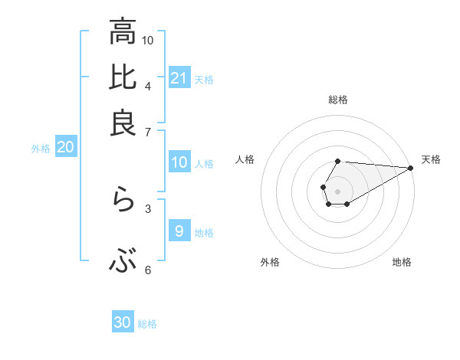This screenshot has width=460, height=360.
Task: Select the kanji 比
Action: (x=123, y=77)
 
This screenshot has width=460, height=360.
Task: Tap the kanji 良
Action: (x=123, y=123)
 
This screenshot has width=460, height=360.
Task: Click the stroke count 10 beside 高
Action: (x=148, y=39)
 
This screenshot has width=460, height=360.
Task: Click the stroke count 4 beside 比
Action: (x=148, y=85)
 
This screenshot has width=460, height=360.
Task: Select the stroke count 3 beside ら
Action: (x=148, y=208)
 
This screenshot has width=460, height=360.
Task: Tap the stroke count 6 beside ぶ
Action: (x=148, y=270)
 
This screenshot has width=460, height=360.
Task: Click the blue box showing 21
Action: (x=179, y=77)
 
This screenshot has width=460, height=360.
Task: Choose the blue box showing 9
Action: (x=179, y=231)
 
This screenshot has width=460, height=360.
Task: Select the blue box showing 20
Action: (x=65, y=148)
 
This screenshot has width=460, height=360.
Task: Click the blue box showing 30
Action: (x=123, y=322)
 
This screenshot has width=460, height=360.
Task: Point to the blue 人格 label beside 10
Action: (x=204, y=163)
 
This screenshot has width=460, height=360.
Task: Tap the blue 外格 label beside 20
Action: (x=41, y=149)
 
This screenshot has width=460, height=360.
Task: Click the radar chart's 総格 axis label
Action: (x=338, y=100)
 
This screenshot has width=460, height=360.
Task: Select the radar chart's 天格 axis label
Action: (x=431, y=159)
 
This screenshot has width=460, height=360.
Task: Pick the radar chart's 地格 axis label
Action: (x=402, y=262)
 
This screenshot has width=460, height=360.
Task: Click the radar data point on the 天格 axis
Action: (x=411, y=167)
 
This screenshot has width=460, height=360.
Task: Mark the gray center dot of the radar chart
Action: (x=337, y=190)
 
